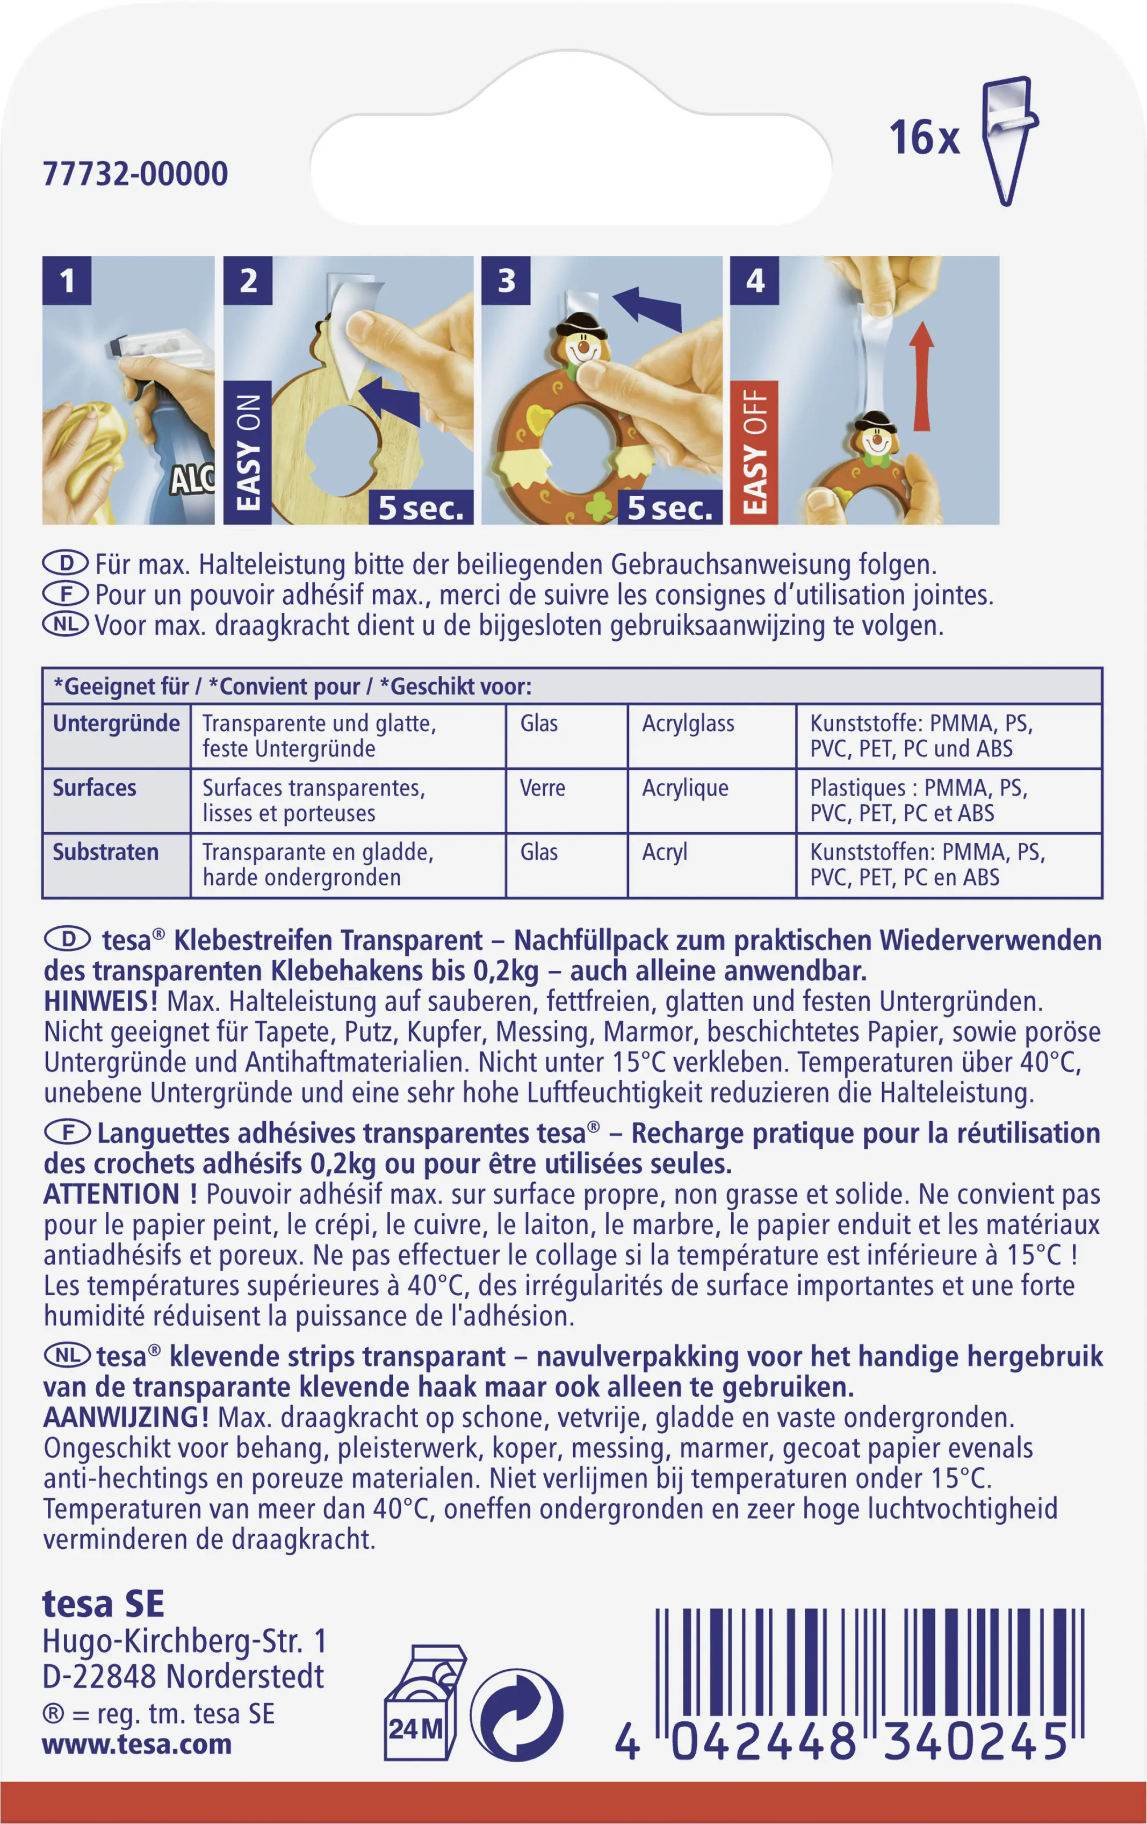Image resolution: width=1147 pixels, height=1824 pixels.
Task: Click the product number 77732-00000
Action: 135,174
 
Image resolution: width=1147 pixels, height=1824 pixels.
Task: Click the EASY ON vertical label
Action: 248,452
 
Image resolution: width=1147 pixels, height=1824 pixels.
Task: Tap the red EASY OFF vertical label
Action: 754,452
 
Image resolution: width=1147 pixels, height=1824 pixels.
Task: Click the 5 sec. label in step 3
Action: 669,507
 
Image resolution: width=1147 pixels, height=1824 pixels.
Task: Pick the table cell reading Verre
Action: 542,788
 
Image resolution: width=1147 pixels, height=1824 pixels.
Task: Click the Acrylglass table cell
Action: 688,724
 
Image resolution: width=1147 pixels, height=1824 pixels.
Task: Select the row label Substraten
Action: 105,852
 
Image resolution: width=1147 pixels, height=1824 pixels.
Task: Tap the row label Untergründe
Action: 116,724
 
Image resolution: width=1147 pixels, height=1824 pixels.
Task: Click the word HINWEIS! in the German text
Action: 100,1002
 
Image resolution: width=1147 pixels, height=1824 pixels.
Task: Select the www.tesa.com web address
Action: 136,1744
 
